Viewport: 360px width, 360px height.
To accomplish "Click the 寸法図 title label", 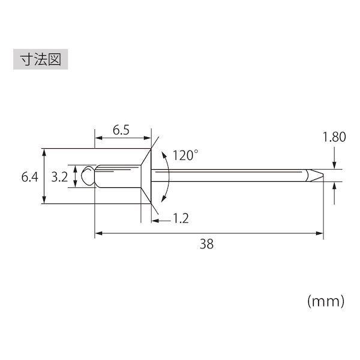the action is [41, 59].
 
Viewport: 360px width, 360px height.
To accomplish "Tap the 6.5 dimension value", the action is [121, 130].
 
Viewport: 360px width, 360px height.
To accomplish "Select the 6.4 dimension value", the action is [29, 177].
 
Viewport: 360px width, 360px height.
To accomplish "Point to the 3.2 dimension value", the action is [59, 177].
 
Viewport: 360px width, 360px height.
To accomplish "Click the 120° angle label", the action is [185, 155].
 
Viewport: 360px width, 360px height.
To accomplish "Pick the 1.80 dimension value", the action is [334, 137].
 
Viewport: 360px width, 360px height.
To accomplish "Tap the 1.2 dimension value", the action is [181, 218].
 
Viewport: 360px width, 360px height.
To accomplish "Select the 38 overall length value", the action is [206, 244].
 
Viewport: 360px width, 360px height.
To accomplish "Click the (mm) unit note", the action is [326, 301].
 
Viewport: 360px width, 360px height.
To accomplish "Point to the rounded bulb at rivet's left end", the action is [88, 176].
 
